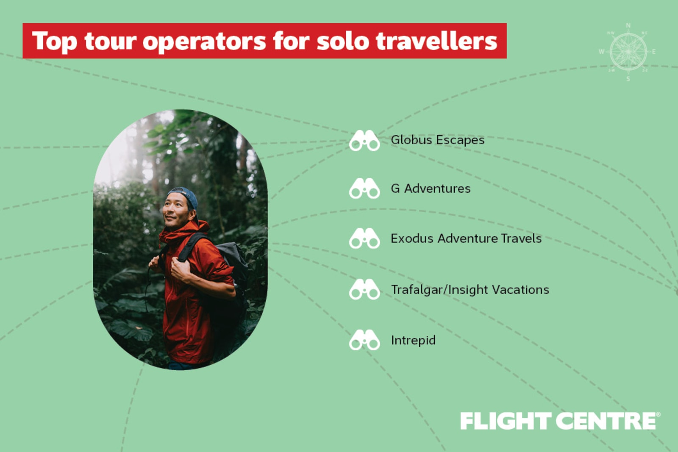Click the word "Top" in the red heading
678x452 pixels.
[55, 42]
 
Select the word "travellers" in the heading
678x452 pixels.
[436, 41]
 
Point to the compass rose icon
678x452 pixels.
[628, 52]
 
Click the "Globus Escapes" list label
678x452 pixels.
[437, 140]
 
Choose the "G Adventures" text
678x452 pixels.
[431, 189]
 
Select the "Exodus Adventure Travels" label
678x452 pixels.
[466, 238]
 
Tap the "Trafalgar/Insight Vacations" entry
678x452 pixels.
[470, 290]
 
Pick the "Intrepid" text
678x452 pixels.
[413, 340]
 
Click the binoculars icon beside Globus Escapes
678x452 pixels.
[364, 140]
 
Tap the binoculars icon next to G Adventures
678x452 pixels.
[364, 189]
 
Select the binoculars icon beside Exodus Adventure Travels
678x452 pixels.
[364, 238]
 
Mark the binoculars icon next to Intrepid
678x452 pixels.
[364, 340]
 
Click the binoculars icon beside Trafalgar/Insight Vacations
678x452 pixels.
[364, 289]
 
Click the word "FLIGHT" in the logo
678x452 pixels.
[505, 421]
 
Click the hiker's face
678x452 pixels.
[176, 211]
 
